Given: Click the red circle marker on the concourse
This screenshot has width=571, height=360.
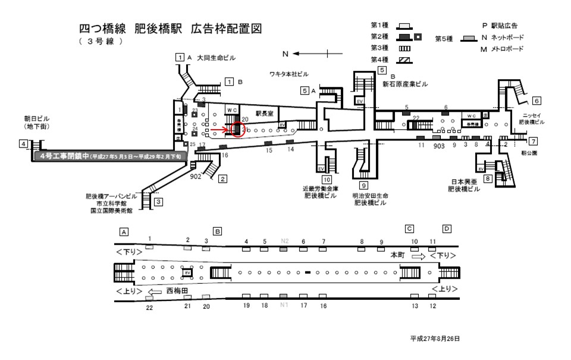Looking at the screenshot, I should click(237, 129).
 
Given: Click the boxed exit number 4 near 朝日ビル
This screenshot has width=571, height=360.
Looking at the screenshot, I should click(23, 144).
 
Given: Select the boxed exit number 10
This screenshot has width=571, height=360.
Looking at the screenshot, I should click(327, 180).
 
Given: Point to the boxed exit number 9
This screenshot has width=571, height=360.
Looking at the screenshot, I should click(362, 186).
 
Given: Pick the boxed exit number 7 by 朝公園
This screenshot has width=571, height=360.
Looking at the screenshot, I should click(534, 141).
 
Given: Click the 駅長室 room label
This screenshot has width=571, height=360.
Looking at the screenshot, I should click(264, 112).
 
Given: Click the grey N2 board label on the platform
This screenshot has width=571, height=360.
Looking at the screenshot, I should click(284, 241).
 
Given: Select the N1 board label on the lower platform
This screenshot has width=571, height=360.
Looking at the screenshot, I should click(284, 305).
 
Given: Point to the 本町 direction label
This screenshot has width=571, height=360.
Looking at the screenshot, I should click(397, 254).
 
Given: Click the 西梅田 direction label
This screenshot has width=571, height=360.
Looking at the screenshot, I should click(177, 292).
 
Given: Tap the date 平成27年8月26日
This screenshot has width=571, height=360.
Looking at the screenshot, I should click(435, 338).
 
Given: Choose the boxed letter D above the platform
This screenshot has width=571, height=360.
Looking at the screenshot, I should click(447, 229).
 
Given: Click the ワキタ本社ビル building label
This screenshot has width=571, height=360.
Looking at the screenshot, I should click(289, 74).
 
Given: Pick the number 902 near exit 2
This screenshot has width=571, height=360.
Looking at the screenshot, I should click(196, 177).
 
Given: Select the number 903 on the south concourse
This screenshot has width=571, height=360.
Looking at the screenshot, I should click(439, 145).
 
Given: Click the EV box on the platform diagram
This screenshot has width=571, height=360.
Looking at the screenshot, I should click(187, 273).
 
